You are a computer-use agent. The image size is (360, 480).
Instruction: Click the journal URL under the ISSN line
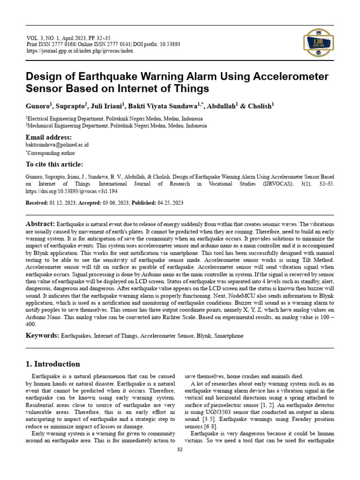coord(79,51)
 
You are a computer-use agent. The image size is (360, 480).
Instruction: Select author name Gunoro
coord(38,106)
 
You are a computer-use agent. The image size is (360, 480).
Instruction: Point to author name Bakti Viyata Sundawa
coord(163,106)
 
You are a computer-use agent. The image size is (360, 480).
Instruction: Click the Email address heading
coord(49,137)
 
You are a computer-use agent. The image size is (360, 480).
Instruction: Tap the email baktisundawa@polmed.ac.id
coord(57,145)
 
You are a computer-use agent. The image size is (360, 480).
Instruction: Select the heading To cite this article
coord(54,164)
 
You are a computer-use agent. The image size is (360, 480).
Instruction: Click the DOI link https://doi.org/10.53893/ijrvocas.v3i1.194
coord(71,192)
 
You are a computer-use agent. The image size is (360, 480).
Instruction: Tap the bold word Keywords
coord(41,336)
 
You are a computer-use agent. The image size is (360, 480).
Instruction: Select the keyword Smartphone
coord(228,336)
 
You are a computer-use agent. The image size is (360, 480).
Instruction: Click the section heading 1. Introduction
coord(52,364)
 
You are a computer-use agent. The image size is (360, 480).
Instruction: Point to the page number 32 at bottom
coord(180,450)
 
